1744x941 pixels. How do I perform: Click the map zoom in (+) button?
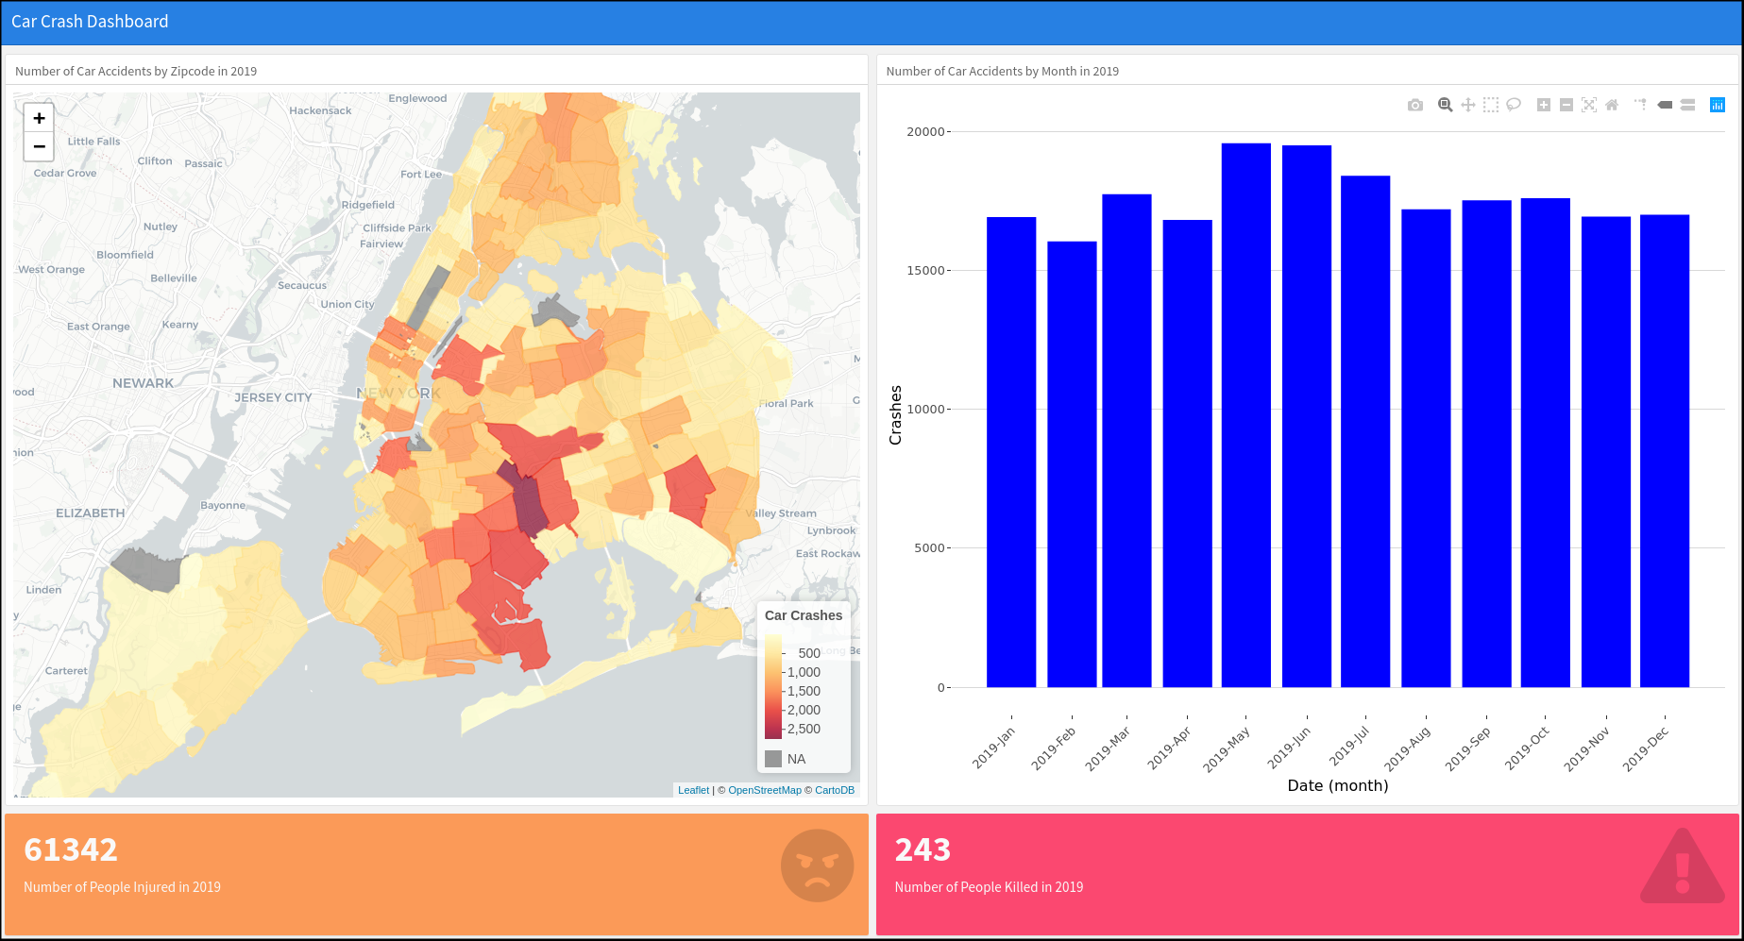(x=39, y=118)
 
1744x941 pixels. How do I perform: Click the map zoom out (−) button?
(x=39, y=146)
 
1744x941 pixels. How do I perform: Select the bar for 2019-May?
(x=1245, y=415)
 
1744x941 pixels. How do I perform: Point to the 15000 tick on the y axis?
(x=925, y=271)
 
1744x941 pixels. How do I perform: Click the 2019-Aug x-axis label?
(x=1407, y=749)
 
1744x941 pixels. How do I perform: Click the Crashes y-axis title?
(x=895, y=415)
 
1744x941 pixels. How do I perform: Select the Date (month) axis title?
(x=1337, y=785)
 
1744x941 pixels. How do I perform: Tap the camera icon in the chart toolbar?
(x=1414, y=105)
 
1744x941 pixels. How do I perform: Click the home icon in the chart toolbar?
(x=1612, y=105)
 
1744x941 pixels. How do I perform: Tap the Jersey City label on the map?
(x=273, y=397)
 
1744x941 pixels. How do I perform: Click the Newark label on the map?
(x=143, y=383)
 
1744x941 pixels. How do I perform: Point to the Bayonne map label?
(x=223, y=505)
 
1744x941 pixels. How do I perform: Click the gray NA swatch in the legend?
(x=773, y=759)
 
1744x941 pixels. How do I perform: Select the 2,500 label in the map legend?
(x=804, y=729)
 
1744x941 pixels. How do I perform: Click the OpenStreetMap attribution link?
(x=764, y=790)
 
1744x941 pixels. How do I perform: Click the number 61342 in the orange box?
(x=71, y=849)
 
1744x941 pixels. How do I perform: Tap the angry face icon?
(x=817, y=865)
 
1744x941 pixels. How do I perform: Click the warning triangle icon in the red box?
(x=1682, y=868)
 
